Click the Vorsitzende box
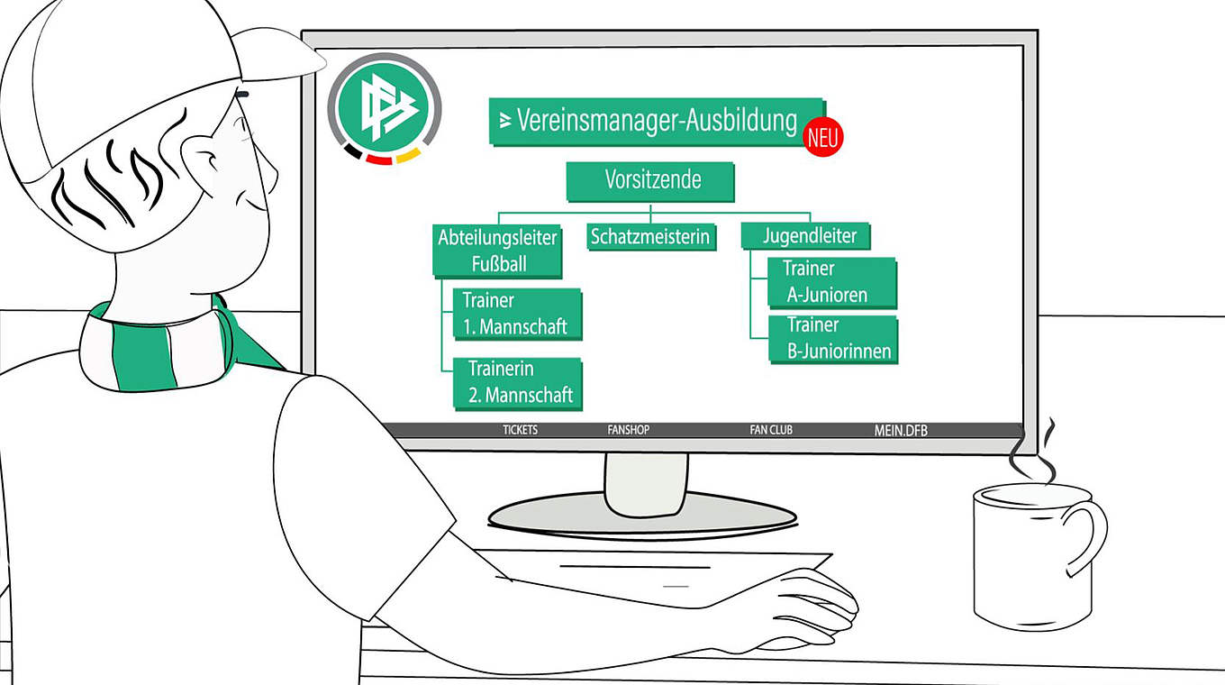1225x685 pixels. click(x=650, y=181)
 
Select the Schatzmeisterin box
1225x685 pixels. click(x=650, y=237)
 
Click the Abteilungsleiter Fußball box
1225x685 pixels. click(x=497, y=251)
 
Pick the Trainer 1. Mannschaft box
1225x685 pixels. click(x=515, y=314)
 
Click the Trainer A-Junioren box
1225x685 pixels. click(x=830, y=281)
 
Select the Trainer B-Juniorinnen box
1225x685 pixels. click(x=833, y=338)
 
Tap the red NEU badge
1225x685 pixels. click(x=822, y=137)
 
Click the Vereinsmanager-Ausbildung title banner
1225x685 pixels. click(x=656, y=121)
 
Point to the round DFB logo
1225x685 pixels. click(x=384, y=109)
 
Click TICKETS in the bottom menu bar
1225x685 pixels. click(x=520, y=430)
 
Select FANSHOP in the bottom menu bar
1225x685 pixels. click(x=628, y=430)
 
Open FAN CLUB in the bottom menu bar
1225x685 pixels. click(x=771, y=430)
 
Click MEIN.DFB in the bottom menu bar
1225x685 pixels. click(x=900, y=430)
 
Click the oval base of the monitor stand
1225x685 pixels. click(x=642, y=517)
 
